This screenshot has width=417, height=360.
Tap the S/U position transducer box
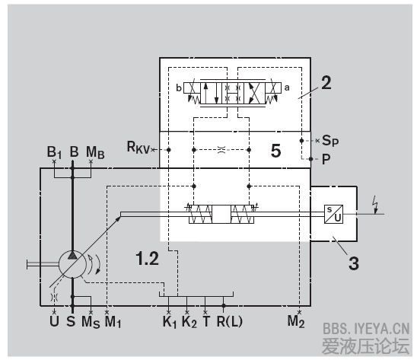click(333, 214)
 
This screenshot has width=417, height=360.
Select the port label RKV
click(138, 148)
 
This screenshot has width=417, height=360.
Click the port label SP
click(330, 140)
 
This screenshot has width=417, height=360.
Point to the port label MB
click(95, 153)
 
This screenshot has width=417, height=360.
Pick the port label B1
click(54, 152)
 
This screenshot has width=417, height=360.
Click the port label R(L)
click(230, 321)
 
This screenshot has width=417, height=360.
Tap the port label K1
click(170, 322)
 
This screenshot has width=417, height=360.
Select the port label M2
click(296, 321)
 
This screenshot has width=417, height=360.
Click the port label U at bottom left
click(54, 321)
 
